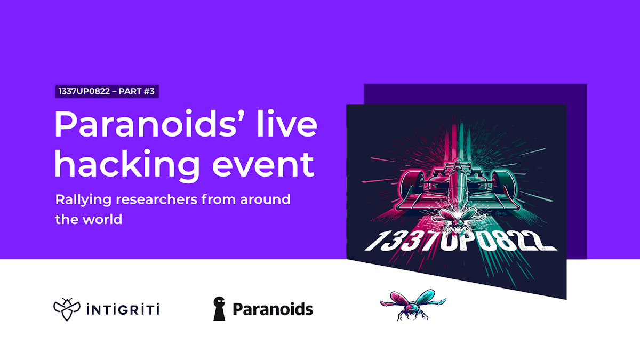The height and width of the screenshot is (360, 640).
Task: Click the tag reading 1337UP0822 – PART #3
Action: point(107,91)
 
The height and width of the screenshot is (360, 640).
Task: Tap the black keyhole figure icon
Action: point(219,309)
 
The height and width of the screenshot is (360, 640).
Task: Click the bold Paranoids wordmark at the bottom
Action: point(273,309)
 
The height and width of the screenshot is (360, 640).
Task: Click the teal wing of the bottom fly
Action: point(429,297)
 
